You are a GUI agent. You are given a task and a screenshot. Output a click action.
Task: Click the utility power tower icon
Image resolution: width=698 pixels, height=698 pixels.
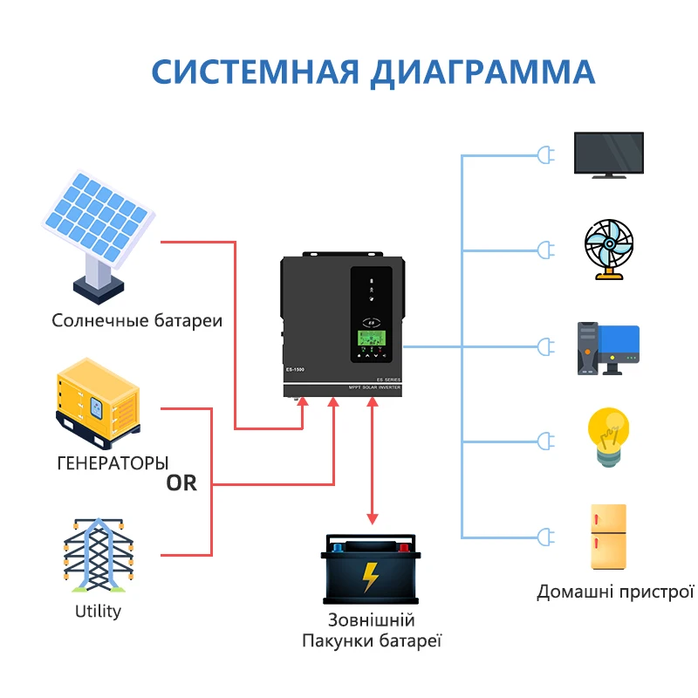[x=97, y=555]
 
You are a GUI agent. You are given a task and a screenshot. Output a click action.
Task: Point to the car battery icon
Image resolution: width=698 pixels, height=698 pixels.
[x=370, y=571]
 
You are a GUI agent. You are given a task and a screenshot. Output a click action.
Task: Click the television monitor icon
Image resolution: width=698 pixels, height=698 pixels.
[x=608, y=155]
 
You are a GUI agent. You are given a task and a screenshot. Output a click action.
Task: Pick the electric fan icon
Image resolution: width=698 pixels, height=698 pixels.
[x=607, y=248]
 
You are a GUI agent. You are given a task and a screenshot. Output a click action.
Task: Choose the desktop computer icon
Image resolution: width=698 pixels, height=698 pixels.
[x=607, y=348]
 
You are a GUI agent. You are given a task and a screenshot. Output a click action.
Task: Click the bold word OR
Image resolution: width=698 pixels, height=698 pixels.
[x=182, y=482]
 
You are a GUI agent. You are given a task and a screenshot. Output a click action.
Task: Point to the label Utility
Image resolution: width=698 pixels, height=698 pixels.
[x=98, y=611]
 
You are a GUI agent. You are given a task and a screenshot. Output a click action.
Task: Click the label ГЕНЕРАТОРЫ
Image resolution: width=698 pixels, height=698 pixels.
[x=113, y=462]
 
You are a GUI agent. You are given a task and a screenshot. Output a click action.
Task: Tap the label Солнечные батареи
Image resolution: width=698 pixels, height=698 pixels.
[x=137, y=320]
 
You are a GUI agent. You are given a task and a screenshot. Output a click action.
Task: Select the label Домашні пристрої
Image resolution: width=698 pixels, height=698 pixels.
[x=615, y=592]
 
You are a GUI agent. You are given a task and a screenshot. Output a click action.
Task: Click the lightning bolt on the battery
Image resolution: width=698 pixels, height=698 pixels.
[x=370, y=576]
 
